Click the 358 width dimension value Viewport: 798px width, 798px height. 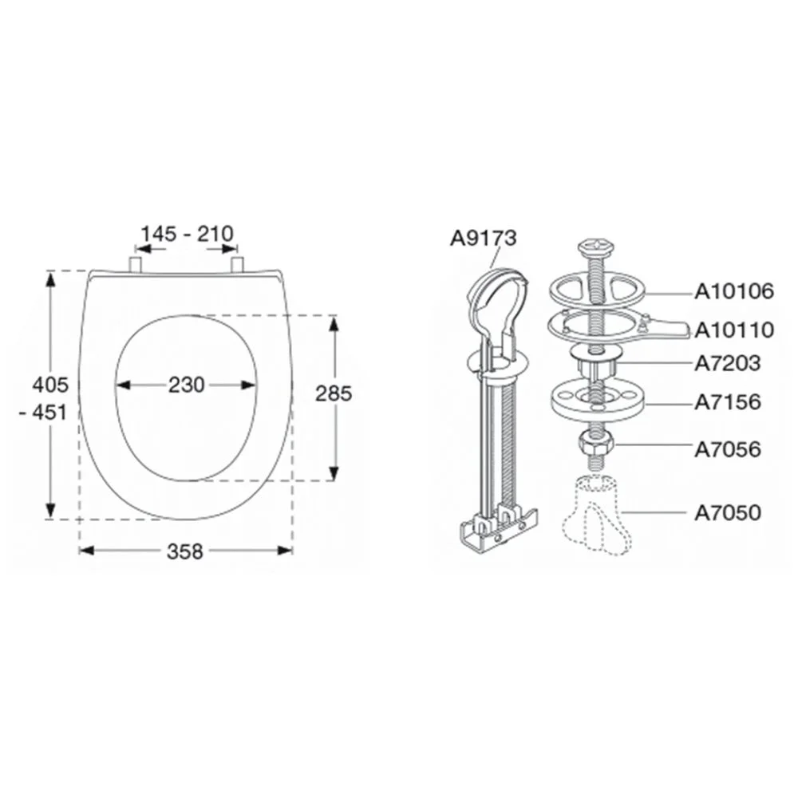185,551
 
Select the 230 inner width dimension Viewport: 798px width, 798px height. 187,385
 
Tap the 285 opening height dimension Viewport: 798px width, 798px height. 334,393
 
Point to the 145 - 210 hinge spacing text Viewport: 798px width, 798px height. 187,234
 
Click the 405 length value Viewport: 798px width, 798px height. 49,385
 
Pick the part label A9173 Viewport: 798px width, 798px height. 483,238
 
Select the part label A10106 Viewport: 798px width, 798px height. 734,291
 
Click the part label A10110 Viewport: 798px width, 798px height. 734,330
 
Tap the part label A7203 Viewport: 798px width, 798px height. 728,363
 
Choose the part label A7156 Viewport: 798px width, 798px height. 728,402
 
